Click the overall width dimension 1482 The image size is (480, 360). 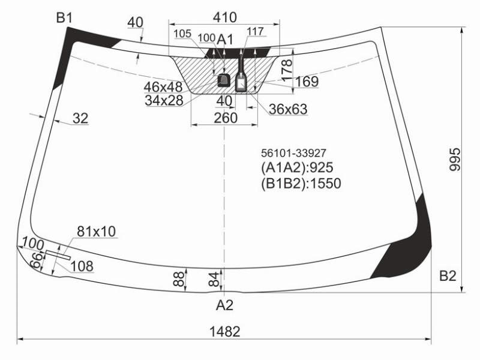coord(224,332)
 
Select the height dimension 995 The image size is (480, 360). coord(455,159)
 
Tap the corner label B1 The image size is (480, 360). coord(64,18)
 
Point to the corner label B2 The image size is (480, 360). coord(448,276)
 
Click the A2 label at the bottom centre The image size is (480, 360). coord(224,305)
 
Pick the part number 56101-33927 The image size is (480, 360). coord(293,152)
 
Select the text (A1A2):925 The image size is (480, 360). coord(297,167)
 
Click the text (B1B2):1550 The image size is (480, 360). coord(301,184)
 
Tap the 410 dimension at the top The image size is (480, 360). coord(225,17)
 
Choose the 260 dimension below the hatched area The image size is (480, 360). coord(226,118)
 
